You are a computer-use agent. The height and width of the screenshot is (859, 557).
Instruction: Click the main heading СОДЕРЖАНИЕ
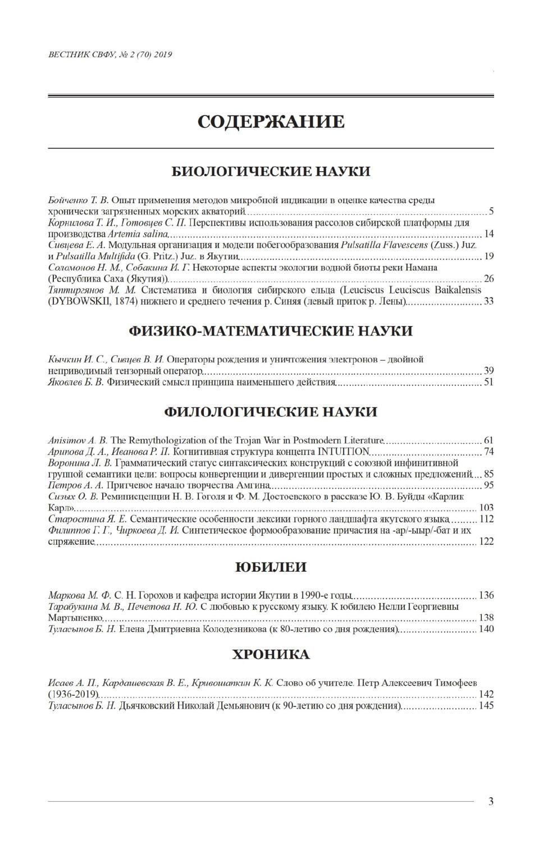pos(270,121)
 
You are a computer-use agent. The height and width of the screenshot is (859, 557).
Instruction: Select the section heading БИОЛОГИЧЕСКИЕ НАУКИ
pos(270,171)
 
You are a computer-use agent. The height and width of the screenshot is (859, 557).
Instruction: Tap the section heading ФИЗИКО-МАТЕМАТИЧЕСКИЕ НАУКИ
pos(270,330)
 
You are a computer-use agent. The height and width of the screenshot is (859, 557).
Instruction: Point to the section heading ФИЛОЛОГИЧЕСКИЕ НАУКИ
pos(270,412)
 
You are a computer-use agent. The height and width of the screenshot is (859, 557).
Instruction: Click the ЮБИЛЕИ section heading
pos(270,567)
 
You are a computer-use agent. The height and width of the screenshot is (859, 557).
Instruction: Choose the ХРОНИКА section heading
pos(270,654)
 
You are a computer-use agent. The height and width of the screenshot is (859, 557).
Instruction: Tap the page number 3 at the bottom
pos(491,801)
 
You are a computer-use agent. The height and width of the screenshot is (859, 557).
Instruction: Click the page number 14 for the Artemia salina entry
pos(488,234)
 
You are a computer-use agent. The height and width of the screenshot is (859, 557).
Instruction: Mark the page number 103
pos(486,508)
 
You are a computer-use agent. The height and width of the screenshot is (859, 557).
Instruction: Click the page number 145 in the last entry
pos(486,705)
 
